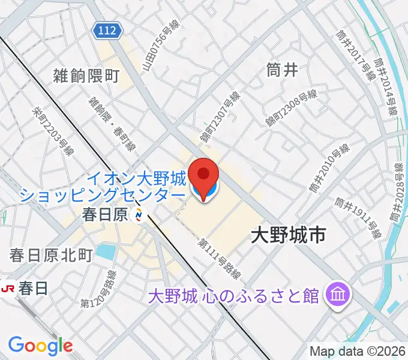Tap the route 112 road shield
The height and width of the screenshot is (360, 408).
107,29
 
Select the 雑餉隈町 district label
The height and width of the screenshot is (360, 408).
86,75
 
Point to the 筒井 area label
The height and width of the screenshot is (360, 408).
281,70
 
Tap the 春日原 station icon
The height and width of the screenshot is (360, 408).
139,214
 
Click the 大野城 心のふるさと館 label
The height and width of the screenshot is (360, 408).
234,295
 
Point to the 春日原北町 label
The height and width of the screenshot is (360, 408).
50,256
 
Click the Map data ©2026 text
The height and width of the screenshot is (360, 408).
358,351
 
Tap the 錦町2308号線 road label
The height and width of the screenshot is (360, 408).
292,107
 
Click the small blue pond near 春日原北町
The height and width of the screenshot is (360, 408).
106,251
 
